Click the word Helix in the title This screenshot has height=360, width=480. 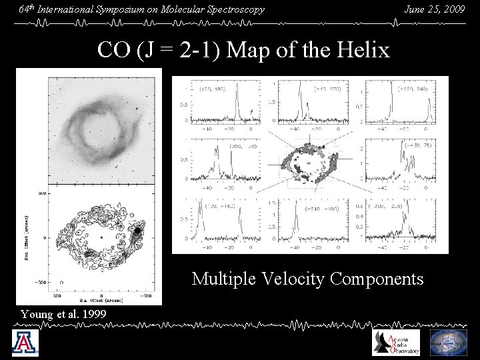[x=367, y=50]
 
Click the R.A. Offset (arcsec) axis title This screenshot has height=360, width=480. [x=101, y=301]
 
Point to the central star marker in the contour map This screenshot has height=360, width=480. [x=101, y=237]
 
